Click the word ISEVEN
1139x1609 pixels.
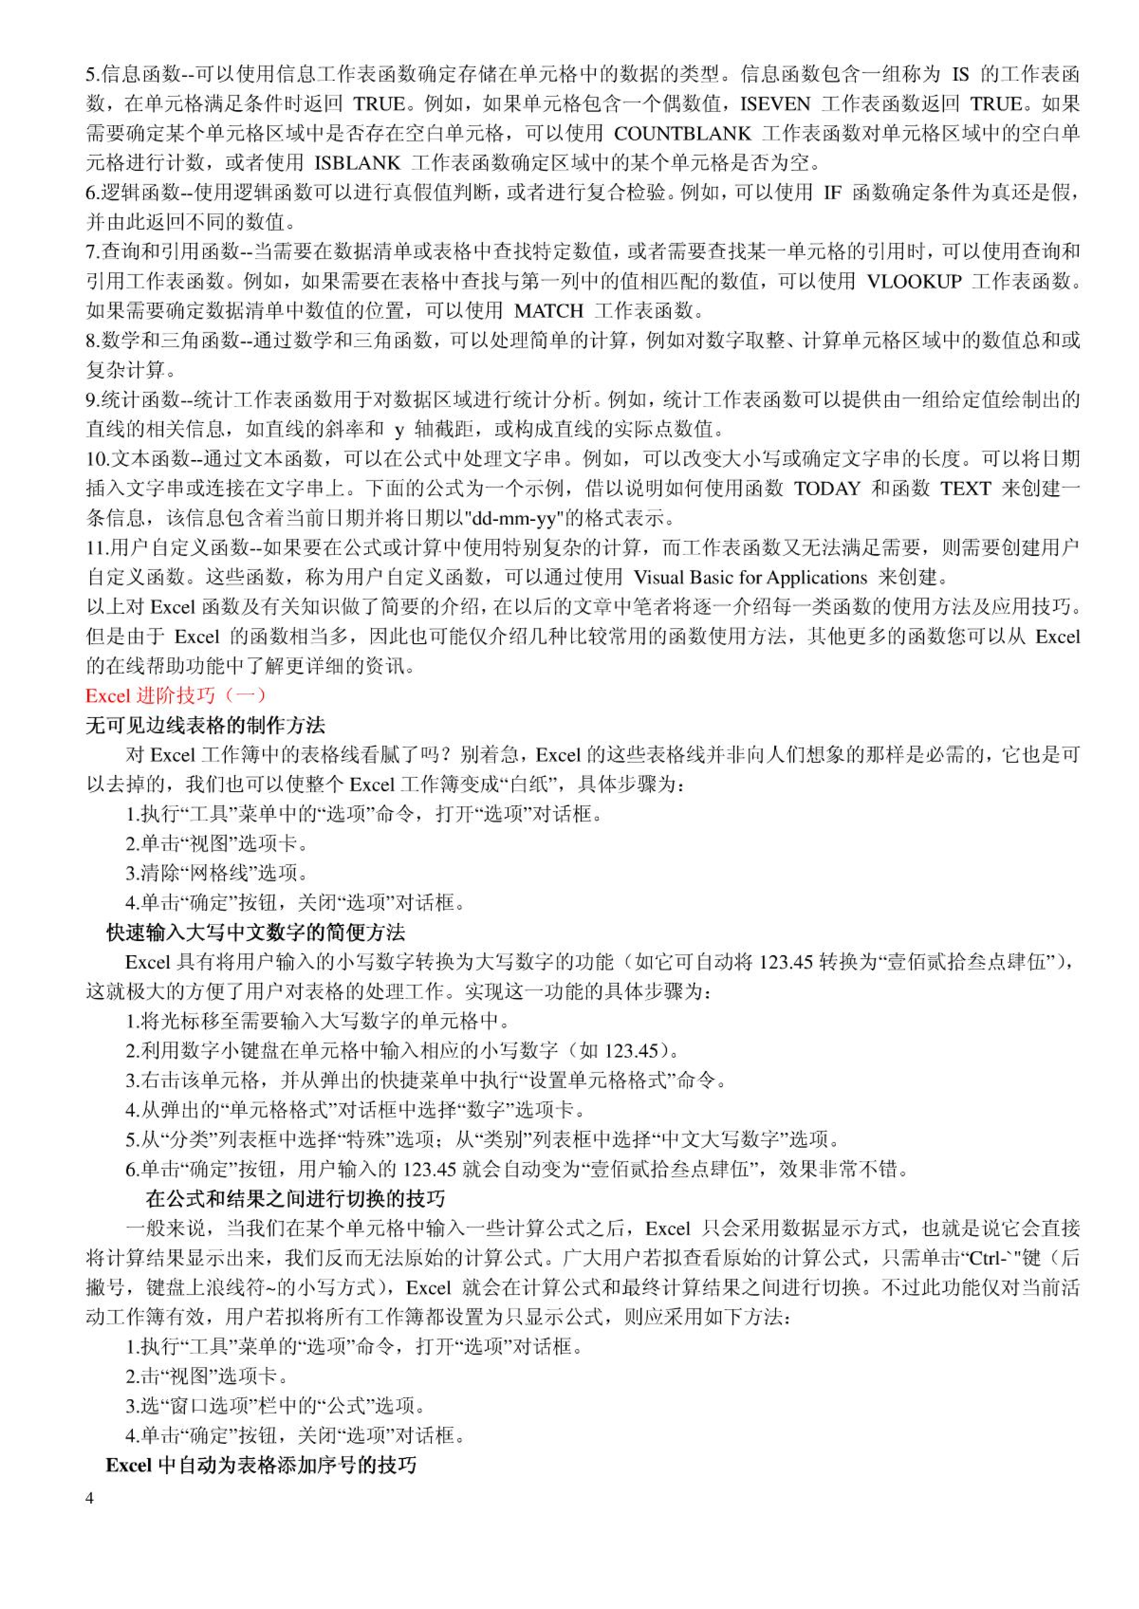click(775, 104)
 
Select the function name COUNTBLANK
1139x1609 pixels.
click(682, 134)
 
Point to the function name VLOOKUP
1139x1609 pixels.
click(914, 282)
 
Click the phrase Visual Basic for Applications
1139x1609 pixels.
click(750, 577)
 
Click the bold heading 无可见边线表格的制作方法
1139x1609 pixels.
click(206, 726)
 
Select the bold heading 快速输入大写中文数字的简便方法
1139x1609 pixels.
click(256, 932)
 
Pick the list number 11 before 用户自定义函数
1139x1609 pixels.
click(96, 548)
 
